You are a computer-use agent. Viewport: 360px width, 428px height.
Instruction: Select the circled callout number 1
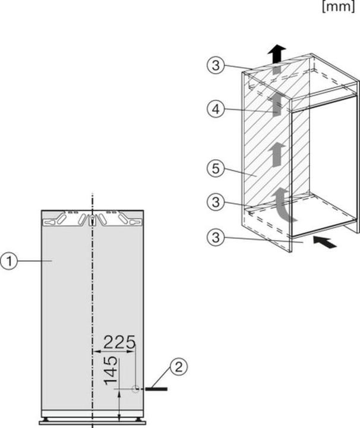9,261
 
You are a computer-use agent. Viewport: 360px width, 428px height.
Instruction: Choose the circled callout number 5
216,169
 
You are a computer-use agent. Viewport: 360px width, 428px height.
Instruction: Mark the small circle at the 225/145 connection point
136,389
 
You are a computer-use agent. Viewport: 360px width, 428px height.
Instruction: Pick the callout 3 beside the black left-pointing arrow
216,238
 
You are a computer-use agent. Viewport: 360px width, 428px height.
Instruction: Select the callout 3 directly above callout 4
216,65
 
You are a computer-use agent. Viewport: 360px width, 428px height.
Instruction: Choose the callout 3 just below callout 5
216,202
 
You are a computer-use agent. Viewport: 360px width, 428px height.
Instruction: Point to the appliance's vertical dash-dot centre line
92,297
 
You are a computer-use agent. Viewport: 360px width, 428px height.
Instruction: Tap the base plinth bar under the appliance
92,422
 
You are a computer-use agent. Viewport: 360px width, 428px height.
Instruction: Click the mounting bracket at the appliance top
92,219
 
